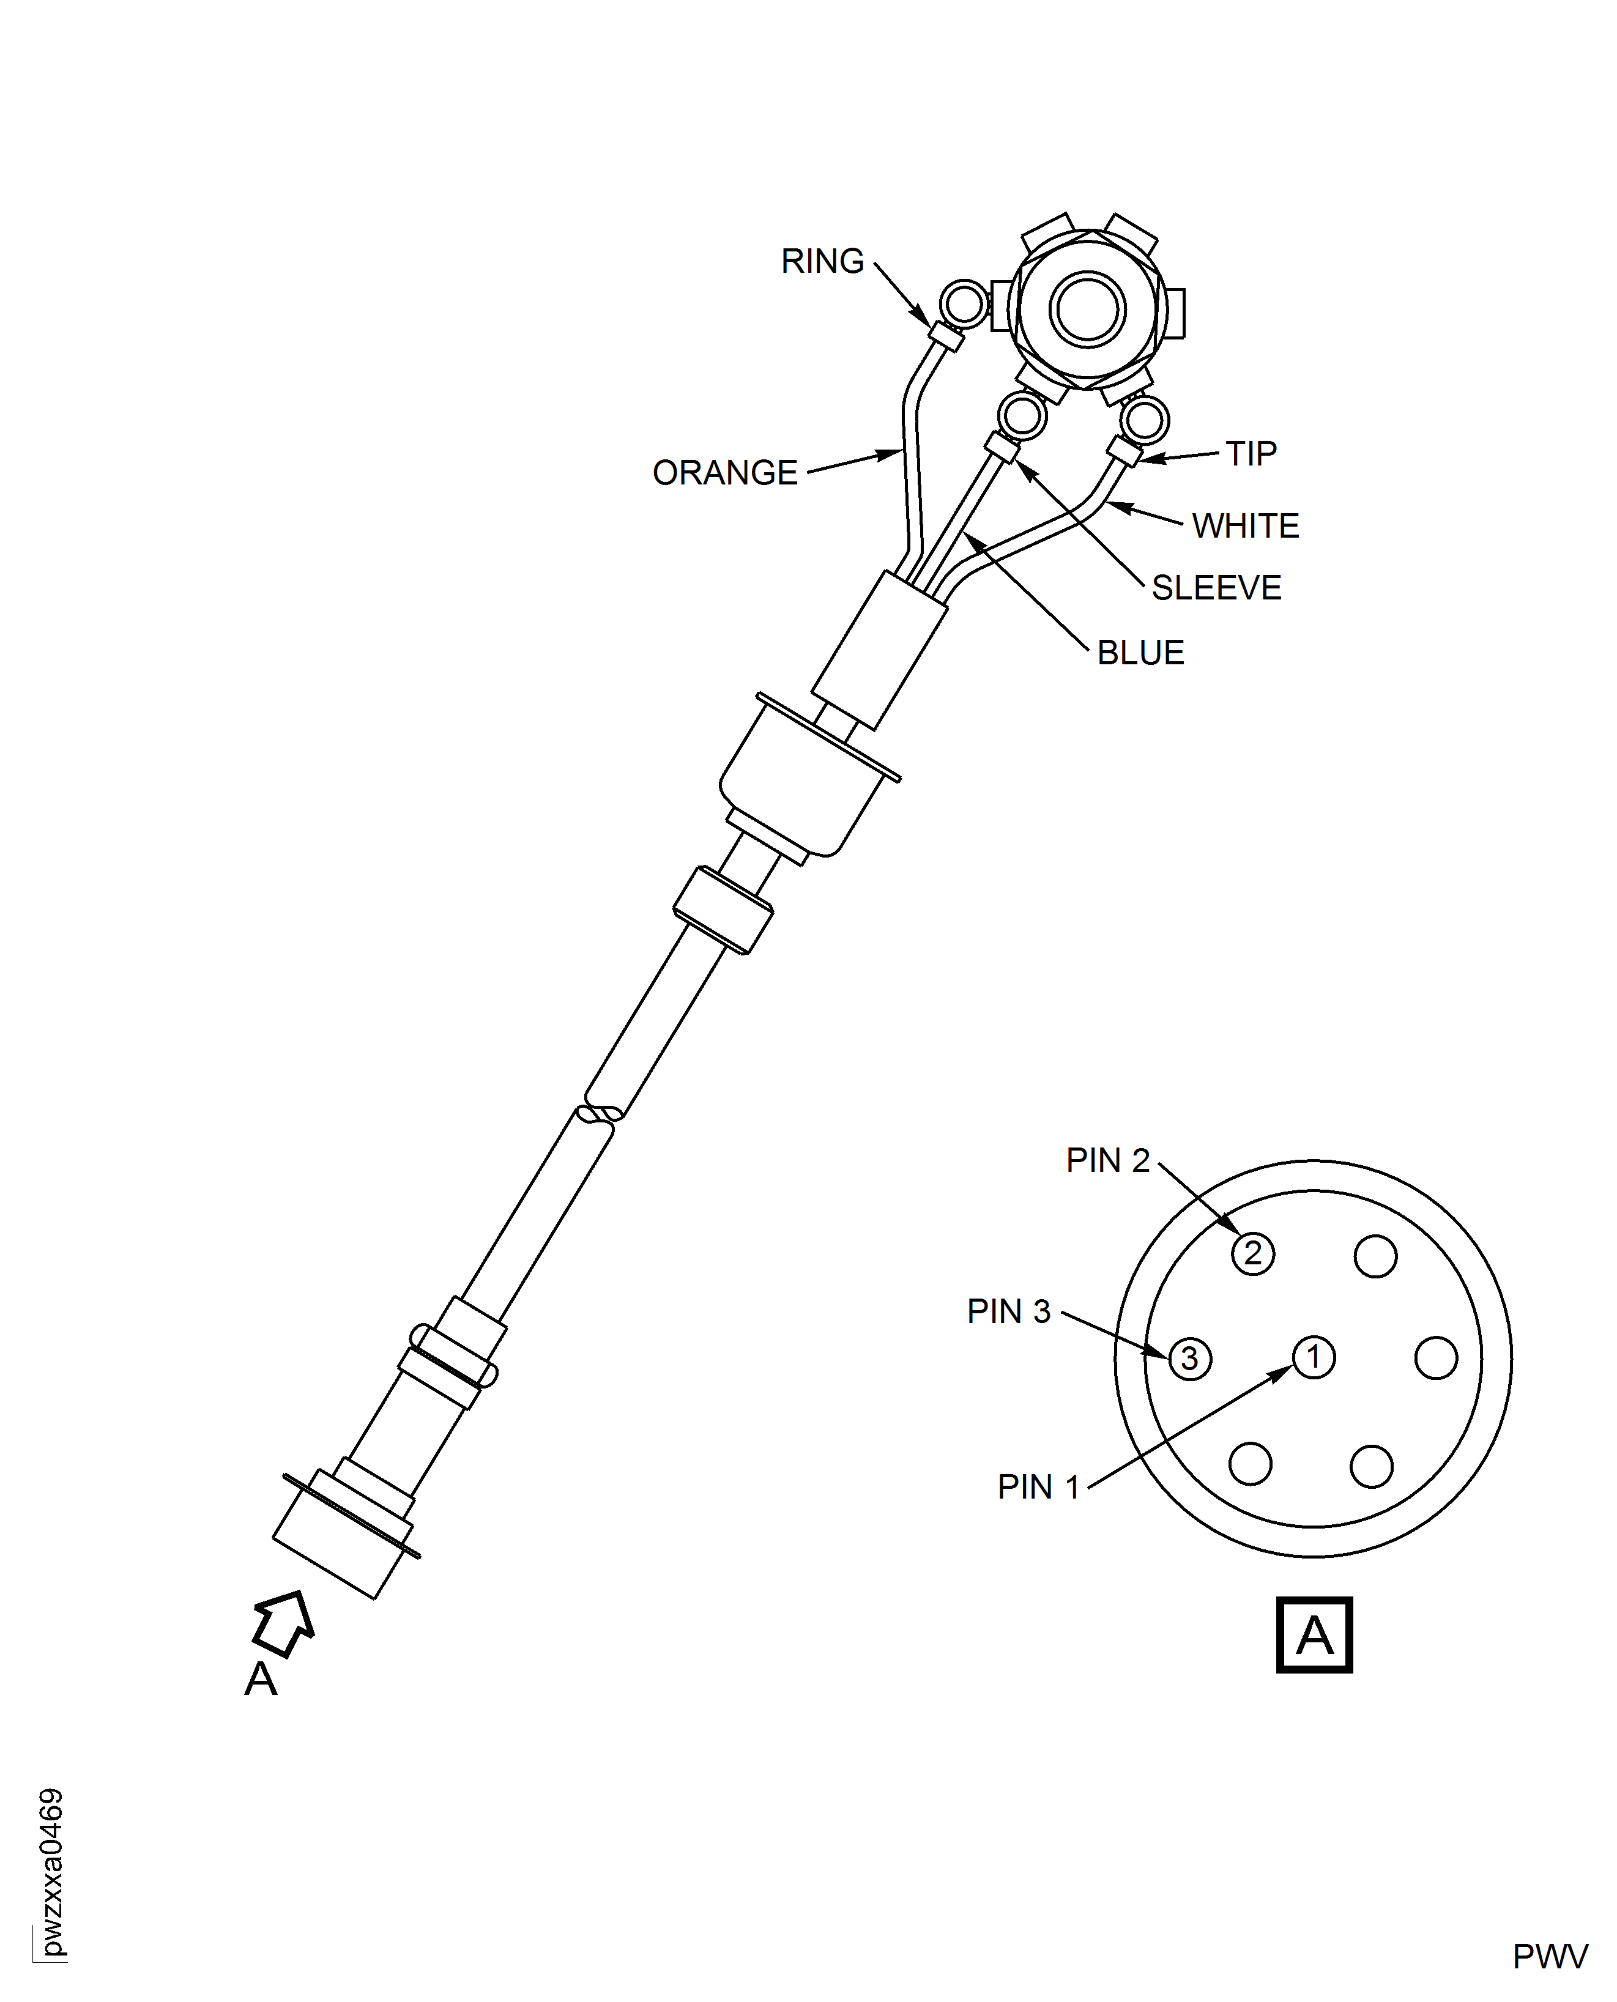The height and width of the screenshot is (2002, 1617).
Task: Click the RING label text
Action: tap(822, 262)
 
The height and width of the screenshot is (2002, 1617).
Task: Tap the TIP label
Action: tap(1251, 453)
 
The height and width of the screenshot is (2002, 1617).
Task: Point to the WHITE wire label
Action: tap(1246, 526)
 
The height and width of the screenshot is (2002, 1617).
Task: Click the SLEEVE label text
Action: tap(1216, 588)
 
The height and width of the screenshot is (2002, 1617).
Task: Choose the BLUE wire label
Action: tap(1141, 653)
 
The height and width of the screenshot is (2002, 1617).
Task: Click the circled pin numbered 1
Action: tap(1314, 1358)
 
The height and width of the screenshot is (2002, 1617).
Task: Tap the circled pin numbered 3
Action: tap(1189, 1359)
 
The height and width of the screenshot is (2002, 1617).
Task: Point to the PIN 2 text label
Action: tap(1107, 1160)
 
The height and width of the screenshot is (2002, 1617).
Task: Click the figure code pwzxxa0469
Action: tap(52, 1872)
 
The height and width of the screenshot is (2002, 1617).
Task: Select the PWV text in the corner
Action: tap(1550, 1956)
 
